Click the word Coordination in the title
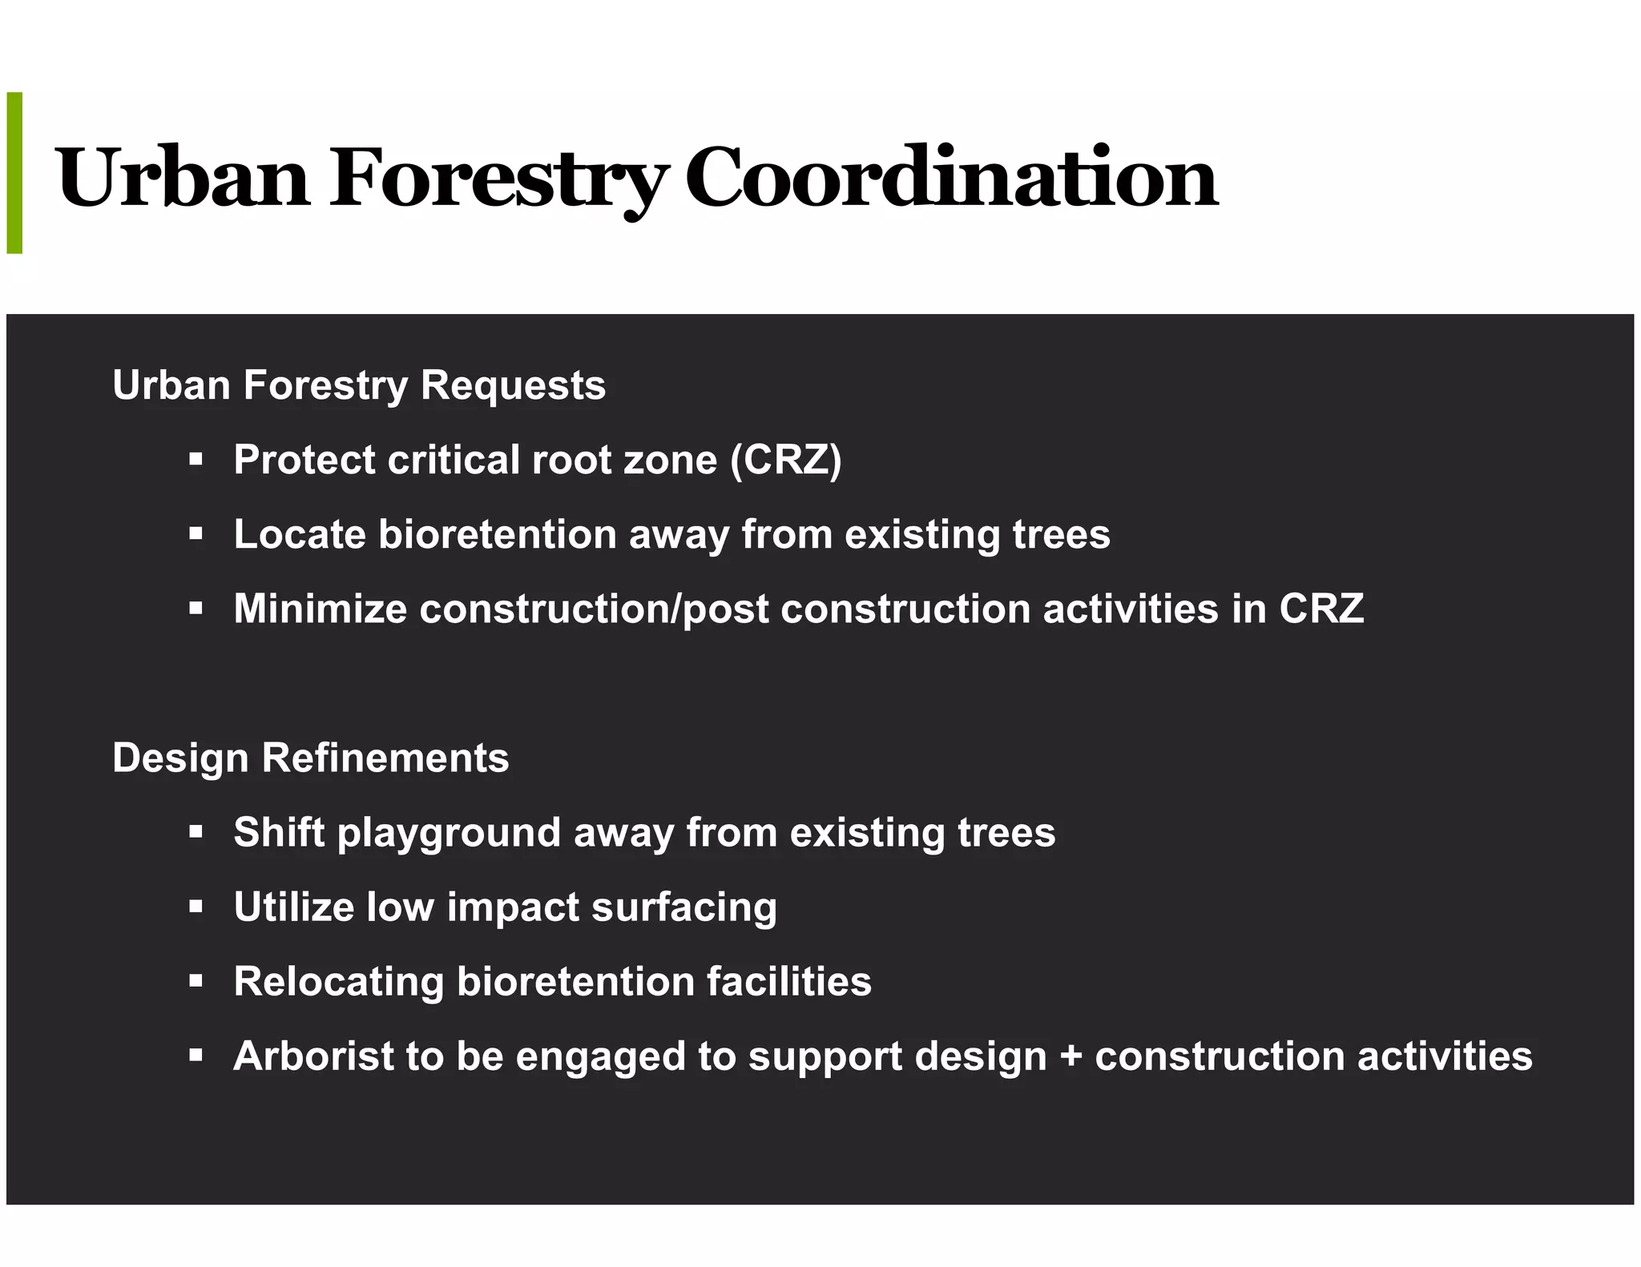pos(951,178)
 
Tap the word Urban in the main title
pos(183,178)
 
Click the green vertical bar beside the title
pos(14,173)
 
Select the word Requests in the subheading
pos(513,385)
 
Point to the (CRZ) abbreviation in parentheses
pos(785,461)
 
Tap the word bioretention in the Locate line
pos(497,534)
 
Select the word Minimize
pos(320,609)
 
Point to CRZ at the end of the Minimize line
pos(1321,609)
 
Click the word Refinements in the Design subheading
pos(385,758)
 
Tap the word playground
pos(449,833)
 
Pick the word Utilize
pos(293,907)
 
